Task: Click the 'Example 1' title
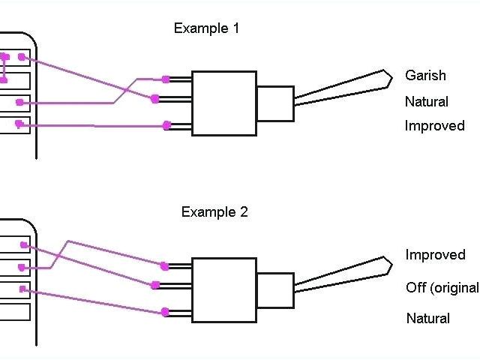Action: (206, 29)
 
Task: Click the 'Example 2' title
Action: (214, 212)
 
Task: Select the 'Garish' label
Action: (425, 76)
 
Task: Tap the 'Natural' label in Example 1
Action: (427, 102)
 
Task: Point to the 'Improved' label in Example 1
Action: (435, 126)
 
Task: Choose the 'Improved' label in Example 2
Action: (436, 255)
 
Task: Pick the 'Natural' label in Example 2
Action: (428, 319)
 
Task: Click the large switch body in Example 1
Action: (223, 103)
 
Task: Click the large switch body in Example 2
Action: (223, 289)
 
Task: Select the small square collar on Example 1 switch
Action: (274, 103)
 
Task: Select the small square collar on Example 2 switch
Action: (274, 289)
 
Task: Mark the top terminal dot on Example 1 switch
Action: (166, 79)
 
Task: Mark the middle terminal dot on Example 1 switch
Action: (155, 98)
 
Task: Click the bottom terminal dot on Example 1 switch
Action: (166, 126)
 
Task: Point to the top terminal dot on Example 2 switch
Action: (164, 265)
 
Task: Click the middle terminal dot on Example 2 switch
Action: (155, 285)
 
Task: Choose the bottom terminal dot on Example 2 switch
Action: (165, 312)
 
